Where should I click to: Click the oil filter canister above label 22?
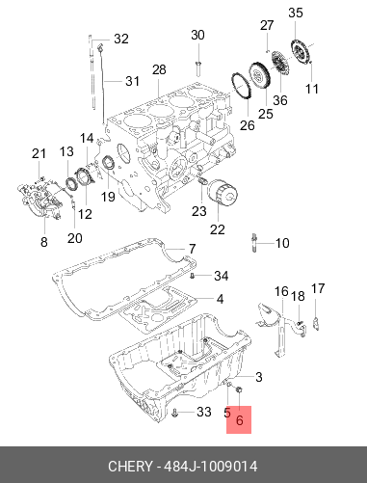point(223,192)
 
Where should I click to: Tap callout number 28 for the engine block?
point(159,69)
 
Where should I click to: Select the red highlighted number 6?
point(239,420)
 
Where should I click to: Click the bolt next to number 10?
point(253,243)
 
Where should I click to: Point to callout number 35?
point(296,13)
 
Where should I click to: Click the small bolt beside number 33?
point(174,413)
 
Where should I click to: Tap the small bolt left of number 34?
point(193,276)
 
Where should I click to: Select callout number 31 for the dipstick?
point(132,81)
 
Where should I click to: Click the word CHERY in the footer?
point(130,467)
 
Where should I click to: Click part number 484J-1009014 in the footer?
point(211,467)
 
